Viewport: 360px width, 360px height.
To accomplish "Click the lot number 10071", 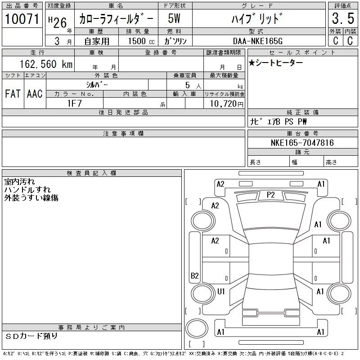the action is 22,19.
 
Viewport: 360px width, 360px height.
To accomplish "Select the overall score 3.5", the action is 343,18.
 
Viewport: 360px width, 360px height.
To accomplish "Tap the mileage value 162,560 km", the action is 46,64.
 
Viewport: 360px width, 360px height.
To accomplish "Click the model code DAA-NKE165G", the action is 257,41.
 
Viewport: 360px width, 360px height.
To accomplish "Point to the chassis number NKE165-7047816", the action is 302,143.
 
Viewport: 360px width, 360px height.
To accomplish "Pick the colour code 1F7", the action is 75,103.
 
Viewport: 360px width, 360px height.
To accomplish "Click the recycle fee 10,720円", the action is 227,104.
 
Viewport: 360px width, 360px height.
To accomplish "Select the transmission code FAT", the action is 13,94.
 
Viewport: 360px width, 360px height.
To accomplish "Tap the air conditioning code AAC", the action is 35,94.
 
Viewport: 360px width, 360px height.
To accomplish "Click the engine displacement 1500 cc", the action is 141,41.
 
